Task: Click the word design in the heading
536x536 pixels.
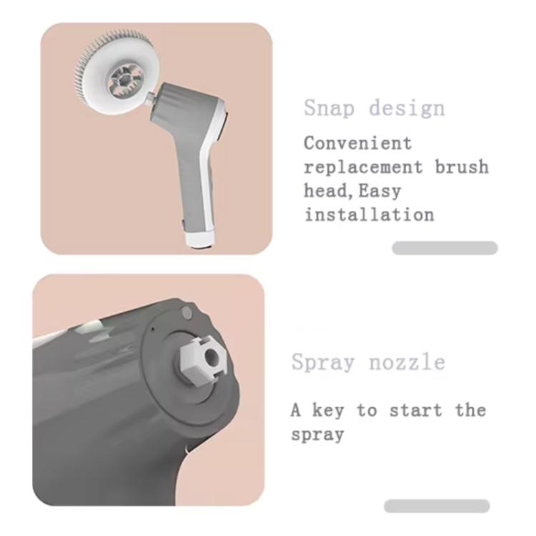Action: [x=407, y=109]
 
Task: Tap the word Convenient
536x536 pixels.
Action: [x=358, y=143]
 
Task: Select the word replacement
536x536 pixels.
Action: [x=364, y=167]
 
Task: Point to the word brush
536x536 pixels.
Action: [x=462, y=167]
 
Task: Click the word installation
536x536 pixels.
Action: [x=369, y=214]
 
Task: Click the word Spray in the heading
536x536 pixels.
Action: [x=322, y=362]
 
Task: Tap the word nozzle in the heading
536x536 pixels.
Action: [x=407, y=362]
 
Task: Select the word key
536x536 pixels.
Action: [x=332, y=410]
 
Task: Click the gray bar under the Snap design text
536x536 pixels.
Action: [x=445, y=248]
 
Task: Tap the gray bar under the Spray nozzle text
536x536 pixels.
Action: [x=437, y=506]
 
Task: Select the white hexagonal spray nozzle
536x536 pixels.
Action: [x=203, y=356]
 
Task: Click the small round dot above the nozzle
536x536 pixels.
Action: [x=187, y=312]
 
